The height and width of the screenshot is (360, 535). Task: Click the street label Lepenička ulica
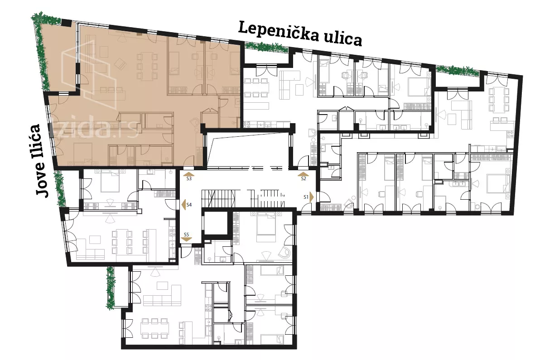(x=300, y=34)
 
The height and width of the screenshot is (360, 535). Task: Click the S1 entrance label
(x=306, y=197)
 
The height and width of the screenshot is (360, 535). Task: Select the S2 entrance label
(x=304, y=178)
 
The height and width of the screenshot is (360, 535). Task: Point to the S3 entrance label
(x=189, y=178)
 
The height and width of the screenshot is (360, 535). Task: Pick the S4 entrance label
(x=189, y=205)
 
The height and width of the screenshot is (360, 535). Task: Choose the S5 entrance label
(x=186, y=235)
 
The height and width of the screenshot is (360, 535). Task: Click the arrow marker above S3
(x=189, y=174)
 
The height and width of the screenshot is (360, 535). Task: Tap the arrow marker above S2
(x=304, y=174)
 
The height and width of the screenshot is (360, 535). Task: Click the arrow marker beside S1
(x=312, y=197)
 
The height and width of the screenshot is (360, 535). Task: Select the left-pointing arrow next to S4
(x=183, y=205)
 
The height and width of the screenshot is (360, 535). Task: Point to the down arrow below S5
(x=186, y=239)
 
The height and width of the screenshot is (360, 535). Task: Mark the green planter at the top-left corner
(x=41, y=51)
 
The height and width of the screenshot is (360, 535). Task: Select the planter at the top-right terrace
(x=458, y=71)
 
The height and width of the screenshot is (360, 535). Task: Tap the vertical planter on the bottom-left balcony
(x=111, y=288)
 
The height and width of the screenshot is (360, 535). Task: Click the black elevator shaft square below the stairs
(x=215, y=223)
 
